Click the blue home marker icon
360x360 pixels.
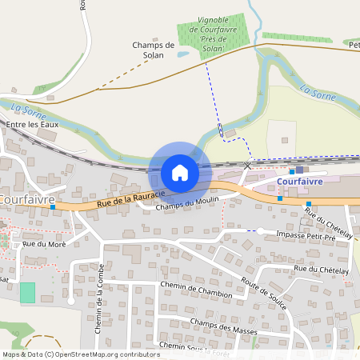pyautogui.click(x=180, y=172)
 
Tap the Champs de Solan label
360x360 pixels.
pyautogui.click(x=153, y=50)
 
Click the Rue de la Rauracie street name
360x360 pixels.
pyautogui.click(x=130, y=198)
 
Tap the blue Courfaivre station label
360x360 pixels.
pyautogui.click(x=300, y=182)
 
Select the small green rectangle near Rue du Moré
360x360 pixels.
pyautogui.click(x=28, y=292)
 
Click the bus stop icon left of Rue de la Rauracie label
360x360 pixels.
pyautogui.click(x=53, y=207)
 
